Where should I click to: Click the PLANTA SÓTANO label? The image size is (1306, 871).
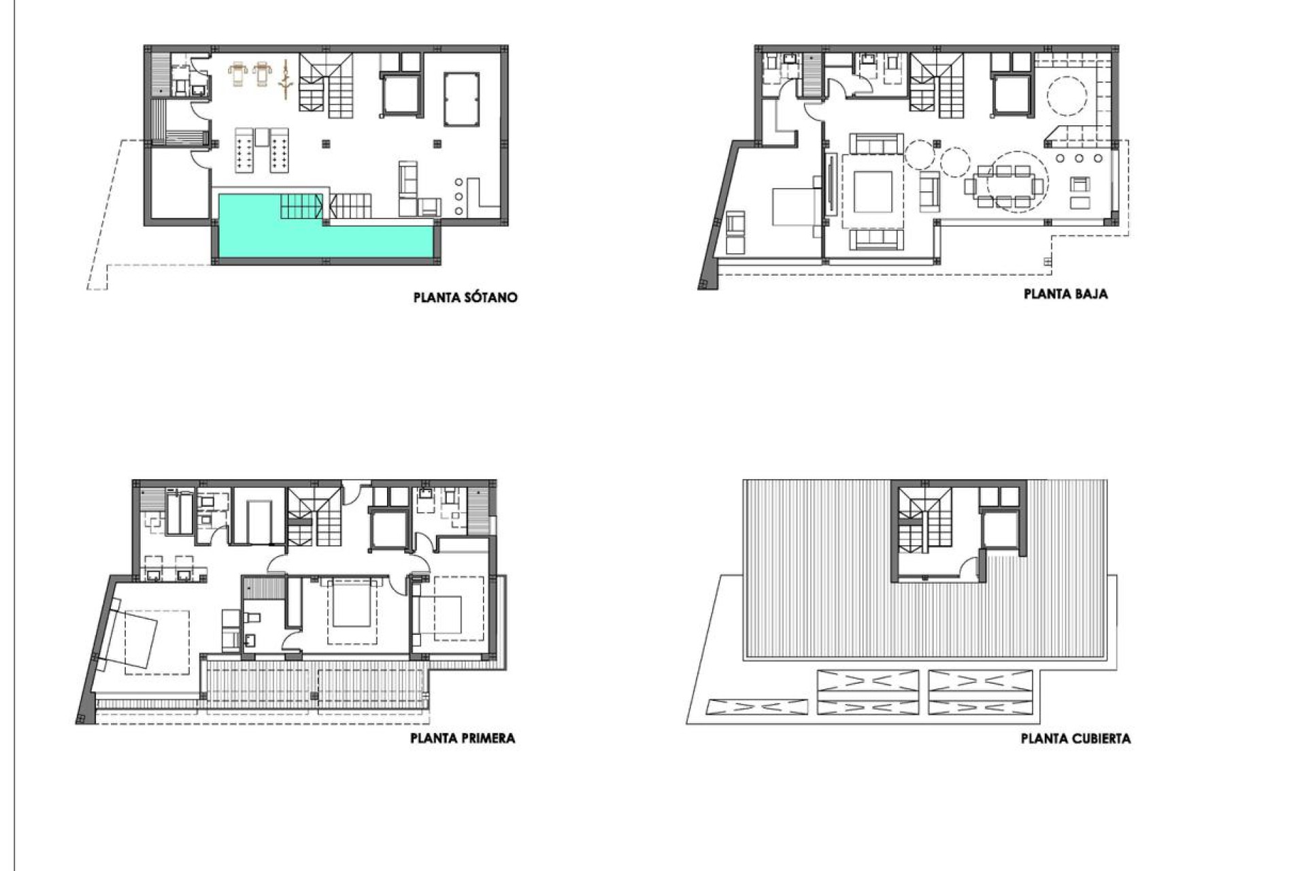[465, 297]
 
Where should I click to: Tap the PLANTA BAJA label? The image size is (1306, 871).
[1065, 294]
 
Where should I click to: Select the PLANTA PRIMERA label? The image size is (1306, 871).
[463, 738]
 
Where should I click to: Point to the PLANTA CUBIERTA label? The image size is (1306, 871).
[1075, 738]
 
